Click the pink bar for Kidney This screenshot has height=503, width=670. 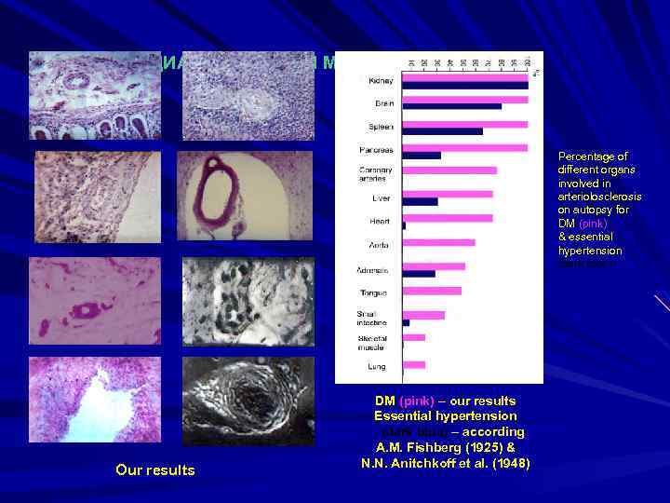tap(464, 76)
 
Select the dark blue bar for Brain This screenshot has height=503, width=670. tap(451, 106)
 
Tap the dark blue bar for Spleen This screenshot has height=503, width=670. tap(442, 131)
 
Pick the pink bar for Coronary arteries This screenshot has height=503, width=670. tap(449, 170)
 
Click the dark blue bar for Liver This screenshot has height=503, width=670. tap(420, 201)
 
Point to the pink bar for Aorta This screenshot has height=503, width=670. tap(438, 242)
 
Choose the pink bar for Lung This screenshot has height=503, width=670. tap(414, 364)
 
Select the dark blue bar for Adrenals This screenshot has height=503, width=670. tap(419, 274)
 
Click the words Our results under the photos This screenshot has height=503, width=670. tap(155, 470)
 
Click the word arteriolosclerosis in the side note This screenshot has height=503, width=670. tap(599, 197)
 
